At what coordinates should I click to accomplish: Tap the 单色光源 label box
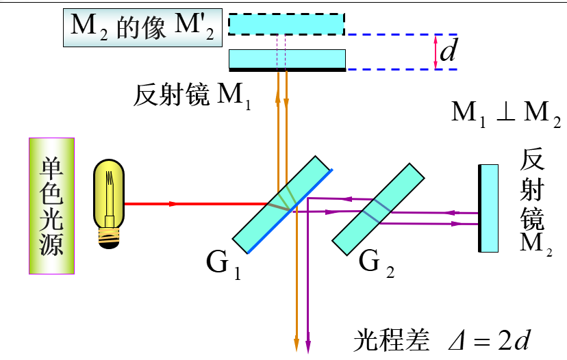(x=51, y=205)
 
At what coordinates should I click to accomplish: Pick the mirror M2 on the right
(x=488, y=208)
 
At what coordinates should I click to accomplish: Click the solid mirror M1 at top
(x=287, y=60)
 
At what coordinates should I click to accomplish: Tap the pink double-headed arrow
(x=436, y=52)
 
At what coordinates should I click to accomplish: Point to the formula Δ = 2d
(x=490, y=340)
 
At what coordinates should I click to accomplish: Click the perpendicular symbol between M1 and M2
(x=505, y=113)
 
